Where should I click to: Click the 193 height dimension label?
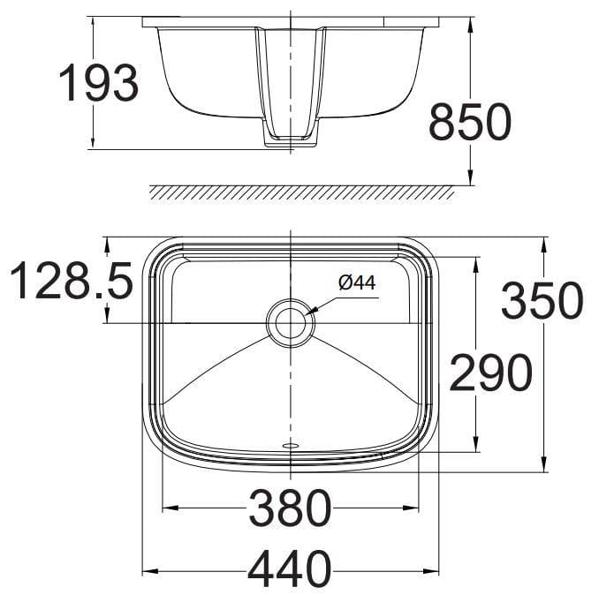(x=99, y=83)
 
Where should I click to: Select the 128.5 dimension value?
(x=71, y=282)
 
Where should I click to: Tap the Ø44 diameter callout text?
(x=357, y=282)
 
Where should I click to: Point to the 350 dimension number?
(x=542, y=301)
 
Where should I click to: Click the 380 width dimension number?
(x=290, y=508)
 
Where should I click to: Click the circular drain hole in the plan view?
(x=290, y=320)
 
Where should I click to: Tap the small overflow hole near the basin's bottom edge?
(x=290, y=446)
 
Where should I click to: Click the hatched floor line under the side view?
(x=300, y=192)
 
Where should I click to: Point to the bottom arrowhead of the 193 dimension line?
(x=95, y=143)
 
